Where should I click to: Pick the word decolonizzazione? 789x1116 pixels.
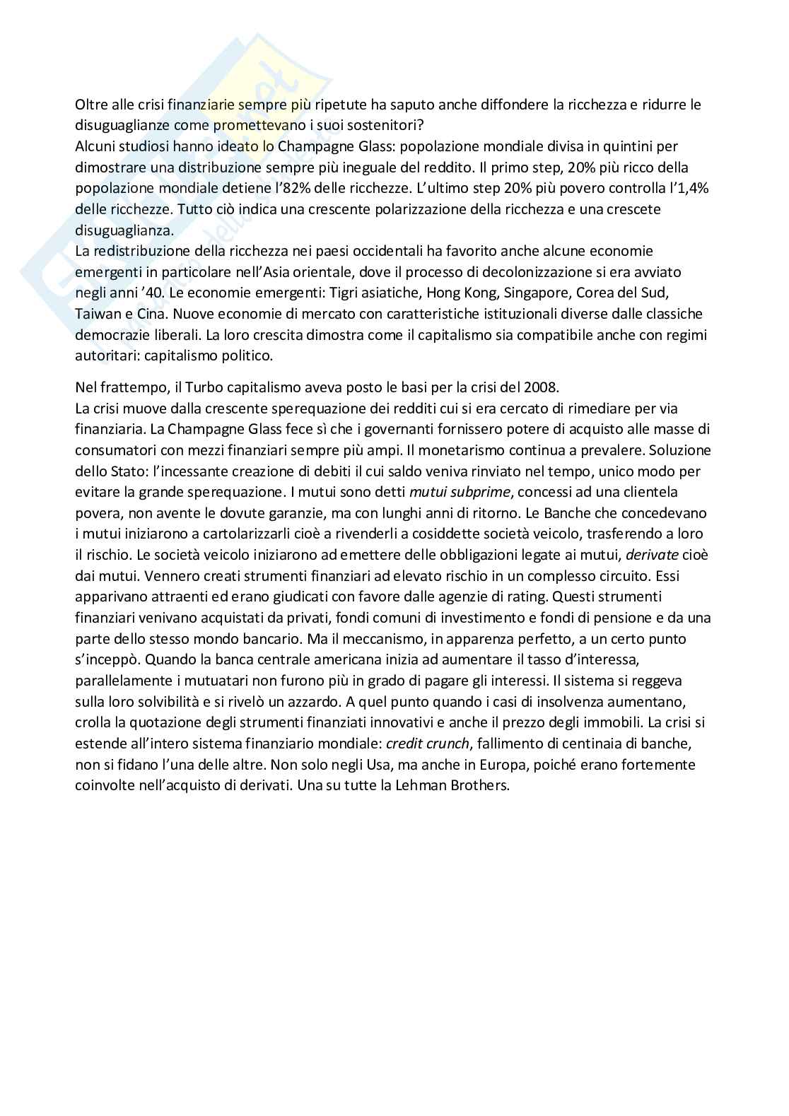click(458, 272)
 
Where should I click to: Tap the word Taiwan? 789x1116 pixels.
click(97, 313)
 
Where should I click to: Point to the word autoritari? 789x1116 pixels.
click(107, 355)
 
